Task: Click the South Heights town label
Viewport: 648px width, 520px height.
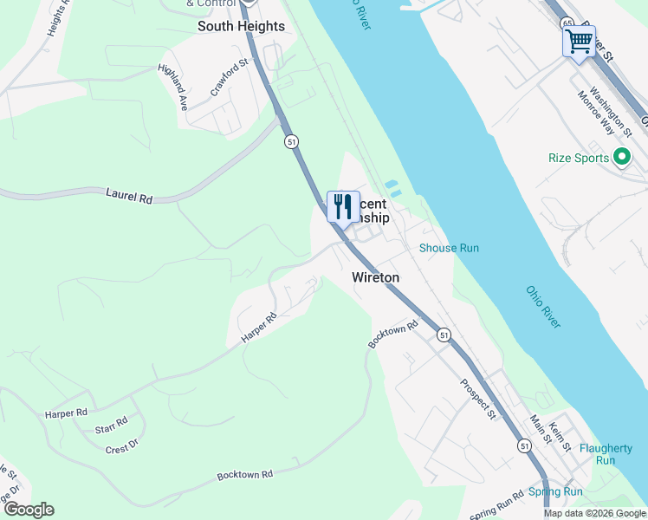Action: point(241,26)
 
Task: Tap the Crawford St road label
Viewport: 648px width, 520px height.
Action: point(229,77)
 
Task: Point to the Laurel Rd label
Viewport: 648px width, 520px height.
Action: point(129,198)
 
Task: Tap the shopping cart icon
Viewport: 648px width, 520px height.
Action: point(579,40)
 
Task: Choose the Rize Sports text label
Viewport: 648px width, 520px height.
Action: point(579,159)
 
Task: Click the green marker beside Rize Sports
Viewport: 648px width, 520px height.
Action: point(620,158)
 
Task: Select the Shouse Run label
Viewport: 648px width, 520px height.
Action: point(449,248)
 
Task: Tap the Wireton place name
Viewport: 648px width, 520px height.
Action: point(376,277)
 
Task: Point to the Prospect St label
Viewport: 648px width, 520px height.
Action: point(477,399)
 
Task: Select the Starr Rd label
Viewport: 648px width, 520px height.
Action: point(112,421)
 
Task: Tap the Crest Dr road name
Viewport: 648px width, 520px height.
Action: point(121,446)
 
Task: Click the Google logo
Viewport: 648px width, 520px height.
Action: point(28,510)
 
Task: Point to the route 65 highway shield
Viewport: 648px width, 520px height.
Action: point(567,23)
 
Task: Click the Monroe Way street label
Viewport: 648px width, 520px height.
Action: point(596,114)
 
